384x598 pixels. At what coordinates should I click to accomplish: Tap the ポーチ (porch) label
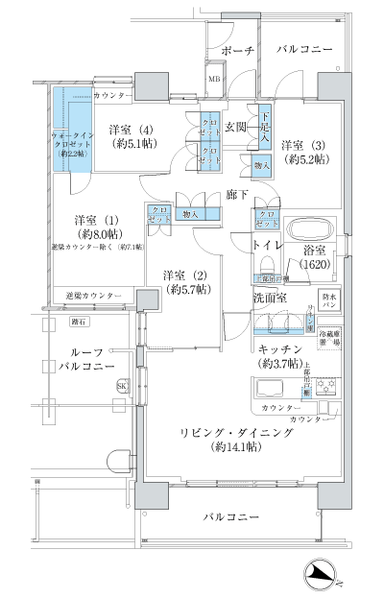click(x=236, y=49)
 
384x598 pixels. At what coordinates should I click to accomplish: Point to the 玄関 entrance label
click(x=236, y=127)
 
